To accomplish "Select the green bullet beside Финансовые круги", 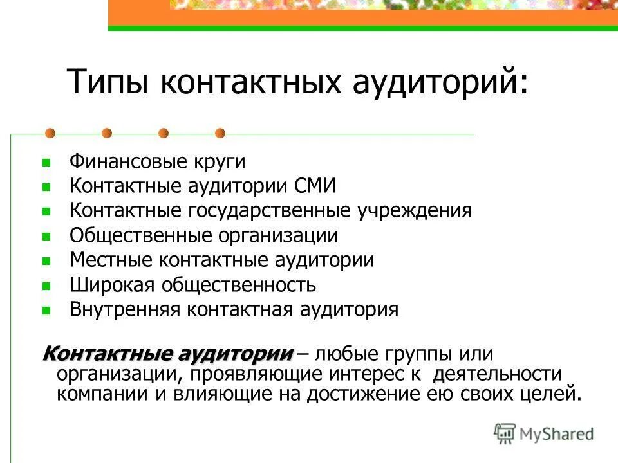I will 46,162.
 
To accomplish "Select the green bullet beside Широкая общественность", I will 46,285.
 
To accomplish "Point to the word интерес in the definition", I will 374,374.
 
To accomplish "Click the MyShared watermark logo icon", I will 505,434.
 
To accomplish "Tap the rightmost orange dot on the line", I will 220,133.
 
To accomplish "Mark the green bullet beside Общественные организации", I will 46,236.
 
